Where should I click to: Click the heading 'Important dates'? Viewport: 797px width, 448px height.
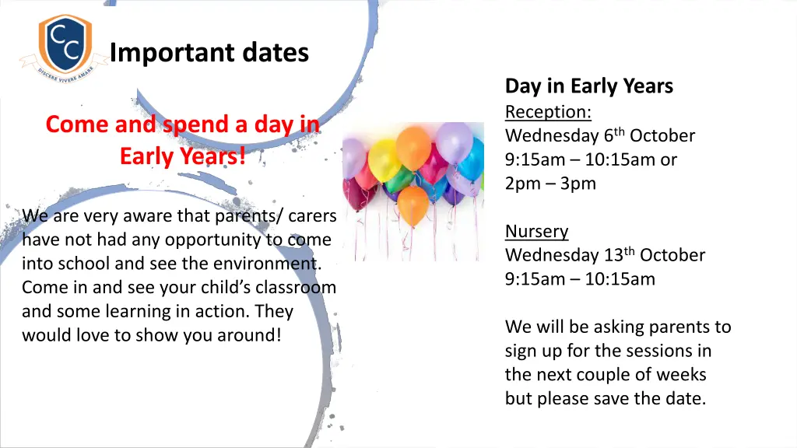[x=209, y=53]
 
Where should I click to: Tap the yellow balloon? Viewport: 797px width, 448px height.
[x=384, y=159]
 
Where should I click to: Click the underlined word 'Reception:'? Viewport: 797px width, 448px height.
[x=548, y=112]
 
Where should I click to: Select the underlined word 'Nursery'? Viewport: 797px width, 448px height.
[x=536, y=232]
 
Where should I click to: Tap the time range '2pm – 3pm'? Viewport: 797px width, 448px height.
[x=550, y=184]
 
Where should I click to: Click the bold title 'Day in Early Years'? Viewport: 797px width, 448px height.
[x=588, y=86]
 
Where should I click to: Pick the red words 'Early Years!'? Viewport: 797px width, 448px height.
[x=183, y=156]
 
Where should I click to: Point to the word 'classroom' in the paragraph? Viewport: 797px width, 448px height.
[x=300, y=287]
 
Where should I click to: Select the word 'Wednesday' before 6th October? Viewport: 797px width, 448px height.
[x=552, y=136]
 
